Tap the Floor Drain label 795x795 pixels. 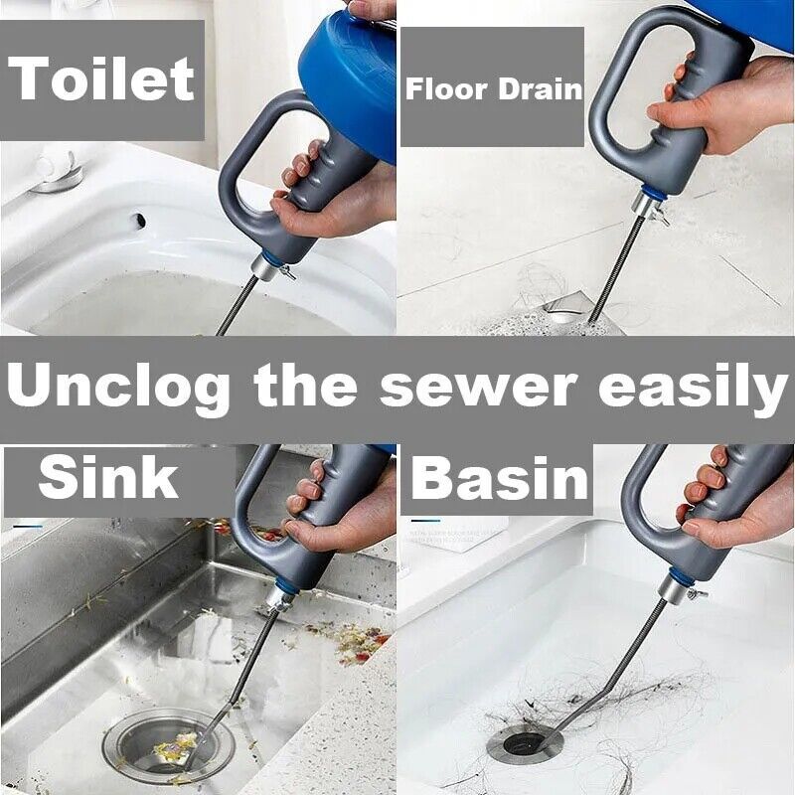493,89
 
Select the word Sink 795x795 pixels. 109,478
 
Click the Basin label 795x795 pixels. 501,478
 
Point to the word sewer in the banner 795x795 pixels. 475,388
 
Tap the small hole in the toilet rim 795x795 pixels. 140,220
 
